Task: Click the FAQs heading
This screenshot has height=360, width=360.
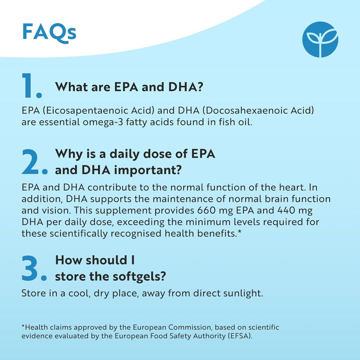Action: click(49, 31)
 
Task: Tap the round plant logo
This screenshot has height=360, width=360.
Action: click(320, 39)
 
